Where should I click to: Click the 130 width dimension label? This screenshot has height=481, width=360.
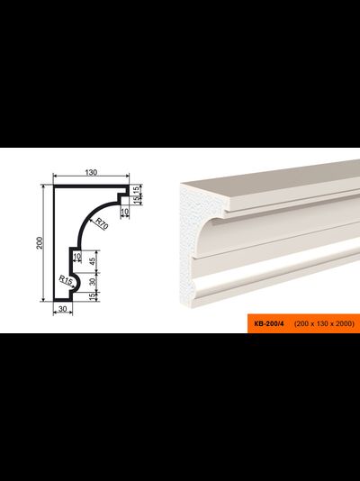(x=91, y=172)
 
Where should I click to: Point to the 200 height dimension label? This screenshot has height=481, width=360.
(x=40, y=242)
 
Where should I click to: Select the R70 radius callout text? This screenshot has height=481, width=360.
(x=102, y=223)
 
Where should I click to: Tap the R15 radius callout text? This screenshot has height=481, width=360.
(x=66, y=280)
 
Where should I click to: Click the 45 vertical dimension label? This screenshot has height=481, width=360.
(x=93, y=261)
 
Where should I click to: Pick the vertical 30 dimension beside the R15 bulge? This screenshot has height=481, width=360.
(x=93, y=282)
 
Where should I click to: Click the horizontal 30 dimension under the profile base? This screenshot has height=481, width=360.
(x=62, y=309)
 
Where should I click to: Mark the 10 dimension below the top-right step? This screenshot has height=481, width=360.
(x=125, y=211)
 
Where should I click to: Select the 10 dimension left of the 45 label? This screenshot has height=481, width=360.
(x=77, y=256)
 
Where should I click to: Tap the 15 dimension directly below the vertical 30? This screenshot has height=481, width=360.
(x=93, y=296)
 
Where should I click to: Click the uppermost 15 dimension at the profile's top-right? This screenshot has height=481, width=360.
(x=136, y=190)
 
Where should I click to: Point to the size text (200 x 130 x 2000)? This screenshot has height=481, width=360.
(x=324, y=323)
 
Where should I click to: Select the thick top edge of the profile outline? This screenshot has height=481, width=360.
(x=91, y=186)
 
